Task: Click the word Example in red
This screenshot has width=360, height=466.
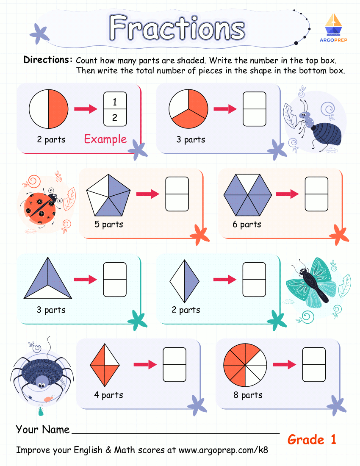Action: (x=105, y=139)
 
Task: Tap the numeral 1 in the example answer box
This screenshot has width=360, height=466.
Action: (x=115, y=102)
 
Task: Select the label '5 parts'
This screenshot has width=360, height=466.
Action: (x=109, y=224)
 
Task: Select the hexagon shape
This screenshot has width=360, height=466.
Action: (x=247, y=194)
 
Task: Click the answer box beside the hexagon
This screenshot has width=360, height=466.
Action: (x=316, y=194)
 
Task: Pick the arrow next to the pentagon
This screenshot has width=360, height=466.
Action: (x=147, y=194)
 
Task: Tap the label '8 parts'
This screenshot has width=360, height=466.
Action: (x=248, y=395)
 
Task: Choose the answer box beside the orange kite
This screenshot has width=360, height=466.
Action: (x=174, y=364)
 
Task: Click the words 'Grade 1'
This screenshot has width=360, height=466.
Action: (x=312, y=439)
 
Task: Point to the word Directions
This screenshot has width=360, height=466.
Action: (x=48, y=60)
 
